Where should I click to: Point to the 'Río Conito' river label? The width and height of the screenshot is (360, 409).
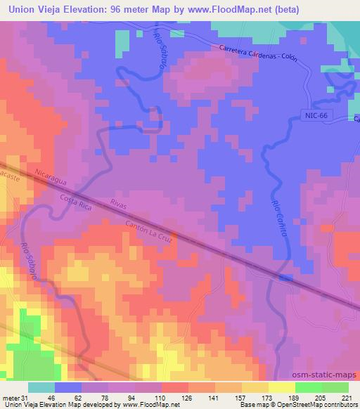point(280,217)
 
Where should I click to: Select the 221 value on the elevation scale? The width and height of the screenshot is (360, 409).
point(347,397)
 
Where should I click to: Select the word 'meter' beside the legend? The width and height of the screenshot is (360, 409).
point(9,397)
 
